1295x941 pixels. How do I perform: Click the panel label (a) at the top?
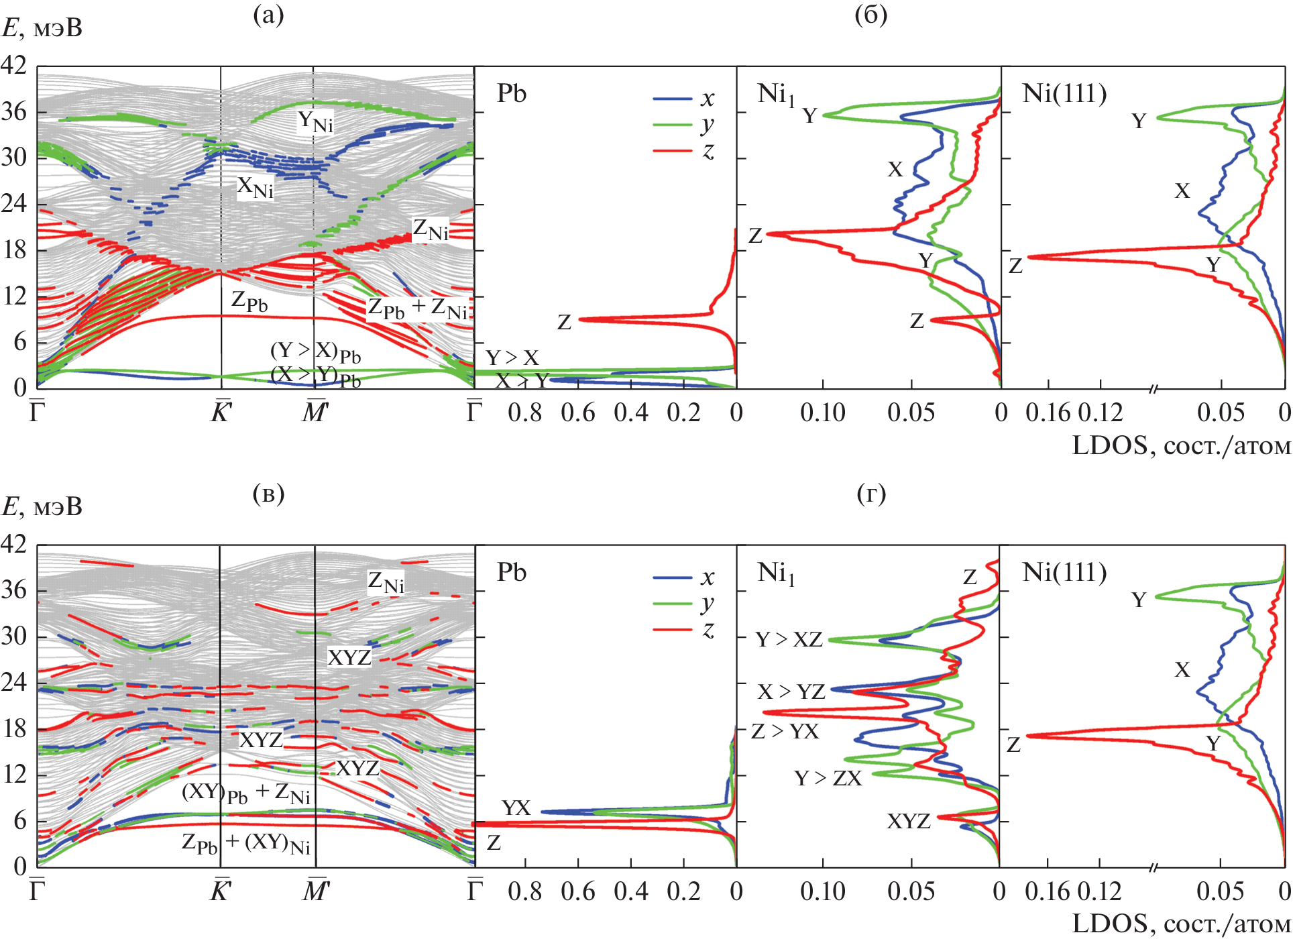pos(268,15)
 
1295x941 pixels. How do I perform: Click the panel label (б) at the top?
pos(871,15)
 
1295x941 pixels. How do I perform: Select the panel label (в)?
pos(268,494)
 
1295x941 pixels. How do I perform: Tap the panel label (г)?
pos(871,494)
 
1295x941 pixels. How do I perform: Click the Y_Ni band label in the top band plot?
pos(315,121)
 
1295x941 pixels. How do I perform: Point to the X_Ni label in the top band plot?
pos(256,187)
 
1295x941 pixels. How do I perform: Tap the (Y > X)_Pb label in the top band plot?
pos(315,351)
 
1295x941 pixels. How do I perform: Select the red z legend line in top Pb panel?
pos(672,151)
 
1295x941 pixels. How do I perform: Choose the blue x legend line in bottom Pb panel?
pos(672,577)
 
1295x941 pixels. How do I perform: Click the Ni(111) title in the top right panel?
pos(1064,93)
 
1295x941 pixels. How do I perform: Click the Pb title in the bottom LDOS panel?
pos(511,572)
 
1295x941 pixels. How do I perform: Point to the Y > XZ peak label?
pos(789,639)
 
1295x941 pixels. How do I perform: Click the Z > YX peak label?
pos(785,731)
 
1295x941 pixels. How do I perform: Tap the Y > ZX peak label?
pos(828,778)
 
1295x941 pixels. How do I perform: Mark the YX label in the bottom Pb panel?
pos(516,808)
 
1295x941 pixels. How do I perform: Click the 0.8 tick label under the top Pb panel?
pos(524,412)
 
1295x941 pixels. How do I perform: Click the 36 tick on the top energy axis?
pos(14,111)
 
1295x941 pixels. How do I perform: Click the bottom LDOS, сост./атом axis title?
pos(1181,924)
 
